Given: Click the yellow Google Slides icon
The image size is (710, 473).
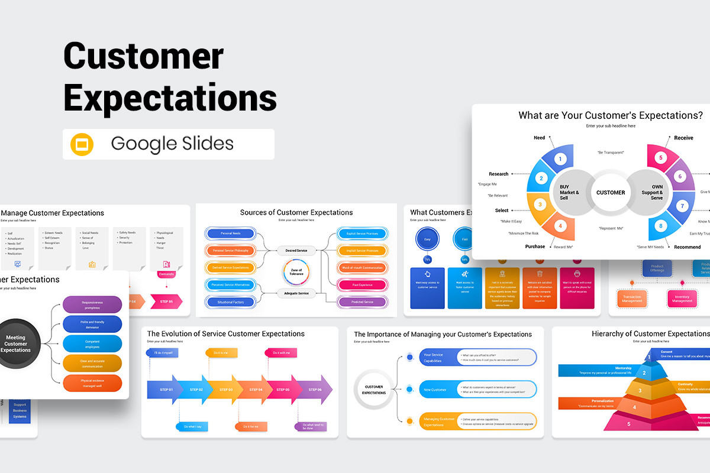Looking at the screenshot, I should click(82, 144).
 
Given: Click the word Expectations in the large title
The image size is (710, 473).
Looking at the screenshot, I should click(170, 97).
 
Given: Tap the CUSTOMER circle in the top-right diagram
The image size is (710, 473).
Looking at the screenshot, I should click(611, 192).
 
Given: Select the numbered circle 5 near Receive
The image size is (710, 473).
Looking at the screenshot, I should click(661, 158).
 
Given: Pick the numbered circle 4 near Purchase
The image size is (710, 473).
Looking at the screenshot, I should click(560, 225).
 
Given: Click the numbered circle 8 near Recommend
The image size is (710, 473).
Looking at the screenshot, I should click(661, 225).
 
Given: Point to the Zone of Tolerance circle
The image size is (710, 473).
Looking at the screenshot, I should click(296, 271).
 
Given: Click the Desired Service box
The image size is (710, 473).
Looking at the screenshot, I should click(296, 251).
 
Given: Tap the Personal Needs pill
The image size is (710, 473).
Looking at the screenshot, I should click(230, 234).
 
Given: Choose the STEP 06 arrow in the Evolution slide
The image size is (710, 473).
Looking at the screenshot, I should click(315, 390).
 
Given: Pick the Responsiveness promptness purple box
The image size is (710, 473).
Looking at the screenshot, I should click(92, 304).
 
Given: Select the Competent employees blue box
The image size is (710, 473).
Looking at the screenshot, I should click(92, 344).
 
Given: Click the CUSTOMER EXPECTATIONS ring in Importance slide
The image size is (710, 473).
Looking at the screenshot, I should click(374, 390).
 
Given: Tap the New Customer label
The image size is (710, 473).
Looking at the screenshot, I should click(435, 390).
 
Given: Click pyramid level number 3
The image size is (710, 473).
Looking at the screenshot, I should click(639, 390).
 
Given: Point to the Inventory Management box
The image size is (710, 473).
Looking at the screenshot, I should click(682, 298).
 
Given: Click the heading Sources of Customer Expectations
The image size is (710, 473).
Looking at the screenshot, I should click(296, 212).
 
